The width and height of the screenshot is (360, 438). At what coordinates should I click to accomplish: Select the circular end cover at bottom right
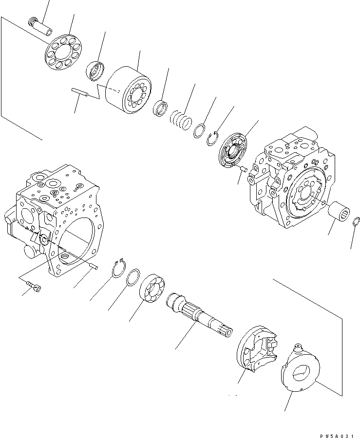tap(300, 369)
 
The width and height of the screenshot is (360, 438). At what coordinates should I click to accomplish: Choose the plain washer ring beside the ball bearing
tap(133, 278)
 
